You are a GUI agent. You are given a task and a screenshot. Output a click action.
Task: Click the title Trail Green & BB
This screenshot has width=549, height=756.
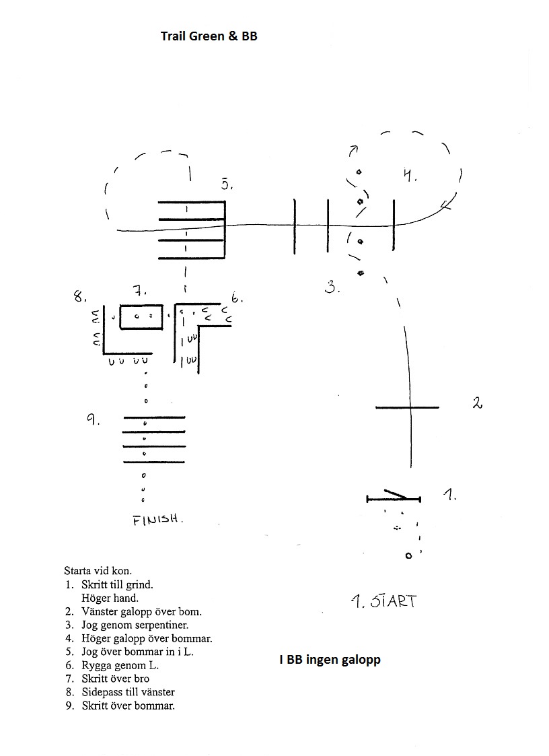[x=209, y=36]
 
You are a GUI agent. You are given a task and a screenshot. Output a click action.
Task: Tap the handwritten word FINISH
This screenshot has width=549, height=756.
[x=157, y=520]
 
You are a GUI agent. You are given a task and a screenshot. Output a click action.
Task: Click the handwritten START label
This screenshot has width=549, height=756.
[x=383, y=601]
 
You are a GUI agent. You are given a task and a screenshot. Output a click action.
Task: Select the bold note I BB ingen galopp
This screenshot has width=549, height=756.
[x=330, y=660]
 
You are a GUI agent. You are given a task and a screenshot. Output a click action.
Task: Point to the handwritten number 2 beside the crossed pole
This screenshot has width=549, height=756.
[x=477, y=403]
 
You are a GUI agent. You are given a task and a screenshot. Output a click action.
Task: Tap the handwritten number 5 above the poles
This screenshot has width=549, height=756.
[x=227, y=183]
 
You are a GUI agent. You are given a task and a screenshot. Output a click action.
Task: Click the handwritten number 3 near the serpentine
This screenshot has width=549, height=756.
[x=332, y=287]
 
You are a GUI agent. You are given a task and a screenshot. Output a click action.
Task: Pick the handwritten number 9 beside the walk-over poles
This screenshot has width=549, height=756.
[x=93, y=419]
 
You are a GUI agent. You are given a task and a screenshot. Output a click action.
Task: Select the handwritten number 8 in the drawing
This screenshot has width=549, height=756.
[x=79, y=296]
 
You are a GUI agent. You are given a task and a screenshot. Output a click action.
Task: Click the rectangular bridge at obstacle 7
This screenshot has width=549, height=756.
[x=141, y=317]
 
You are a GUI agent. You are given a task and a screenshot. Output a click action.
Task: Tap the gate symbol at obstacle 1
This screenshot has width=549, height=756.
[x=394, y=497]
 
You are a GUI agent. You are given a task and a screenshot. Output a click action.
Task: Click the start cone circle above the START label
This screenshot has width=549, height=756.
[x=409, y=556]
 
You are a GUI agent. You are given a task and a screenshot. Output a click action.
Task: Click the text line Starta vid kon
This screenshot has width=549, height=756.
[x=98, y=571]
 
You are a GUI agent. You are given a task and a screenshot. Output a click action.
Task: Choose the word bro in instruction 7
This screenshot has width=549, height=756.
[x=142, y=679]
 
